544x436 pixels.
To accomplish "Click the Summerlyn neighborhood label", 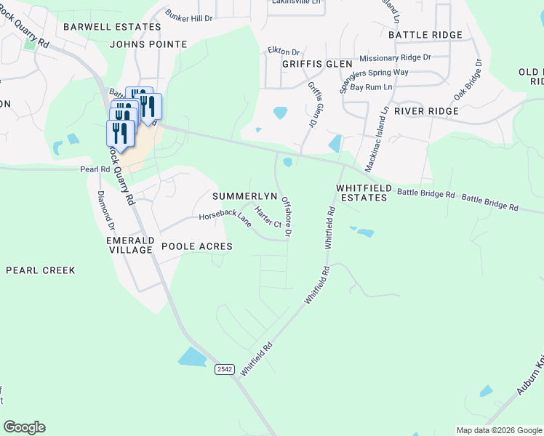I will point(245,197).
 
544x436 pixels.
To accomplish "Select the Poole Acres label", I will point(197,246).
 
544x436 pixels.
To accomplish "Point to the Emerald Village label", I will point(129,245).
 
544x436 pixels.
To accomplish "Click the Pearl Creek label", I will point(40,270).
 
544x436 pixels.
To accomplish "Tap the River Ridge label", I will point(426,111).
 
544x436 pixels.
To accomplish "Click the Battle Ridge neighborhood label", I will point(425,35).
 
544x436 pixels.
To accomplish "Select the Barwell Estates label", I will point(112,27).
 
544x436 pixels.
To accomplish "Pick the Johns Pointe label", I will point(148,44).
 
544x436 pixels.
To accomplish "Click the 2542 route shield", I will point(225,370).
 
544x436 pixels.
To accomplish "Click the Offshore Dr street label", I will point(286,217).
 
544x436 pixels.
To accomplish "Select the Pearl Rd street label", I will point(95,169).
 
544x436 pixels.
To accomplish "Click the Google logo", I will point(24,427).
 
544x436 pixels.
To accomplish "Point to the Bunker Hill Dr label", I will point(188,15).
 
